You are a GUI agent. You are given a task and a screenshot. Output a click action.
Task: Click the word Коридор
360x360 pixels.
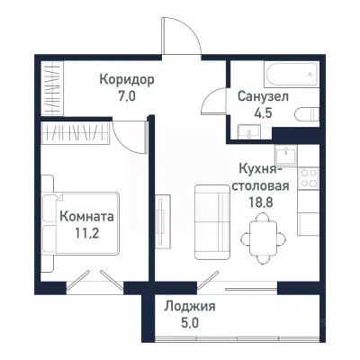(x=127, y=79)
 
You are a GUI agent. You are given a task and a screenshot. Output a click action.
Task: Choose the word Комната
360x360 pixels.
(x=87, y=217)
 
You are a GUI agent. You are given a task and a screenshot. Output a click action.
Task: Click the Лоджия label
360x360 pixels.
(x=190, y=306)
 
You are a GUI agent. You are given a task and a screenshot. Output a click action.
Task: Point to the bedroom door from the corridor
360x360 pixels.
(x=133, y=137)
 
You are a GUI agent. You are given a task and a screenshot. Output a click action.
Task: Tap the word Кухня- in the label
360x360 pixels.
(x=263, y=169)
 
